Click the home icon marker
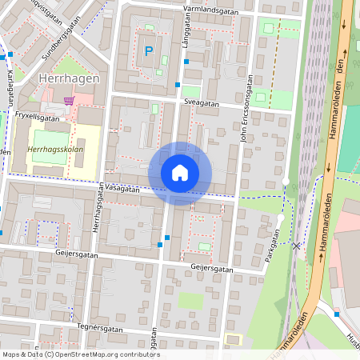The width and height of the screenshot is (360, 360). pyautogui.click(x=180, y=173)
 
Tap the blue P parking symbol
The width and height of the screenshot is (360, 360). pyautogui.click(x=148, y=51)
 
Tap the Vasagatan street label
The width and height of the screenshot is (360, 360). pyautogui.click(x=122, y=190)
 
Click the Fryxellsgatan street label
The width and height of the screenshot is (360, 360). pyautogui.click(x=38, y=116)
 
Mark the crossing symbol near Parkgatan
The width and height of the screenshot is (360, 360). pyautogui.click(x=298, y=246)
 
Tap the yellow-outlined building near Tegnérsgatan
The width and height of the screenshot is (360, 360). pyautogui.click(x=233, y=339)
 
